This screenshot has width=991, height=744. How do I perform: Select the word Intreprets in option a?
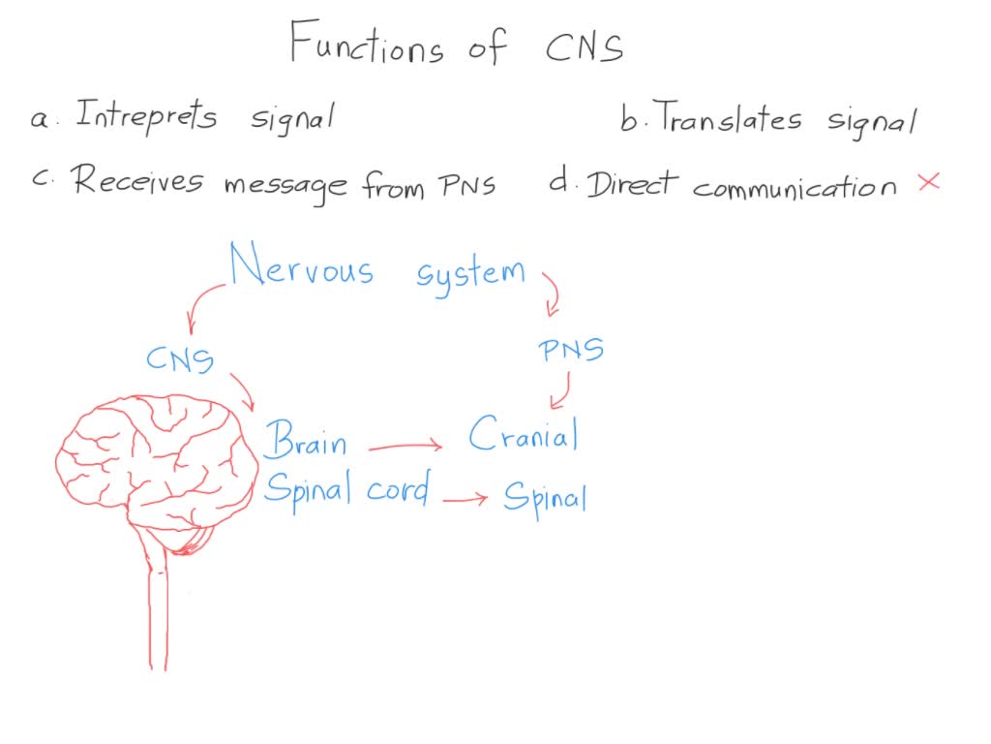pos(146,117)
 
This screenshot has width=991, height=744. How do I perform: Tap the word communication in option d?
pos(795,187)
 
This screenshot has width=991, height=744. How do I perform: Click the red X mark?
pos(928,181)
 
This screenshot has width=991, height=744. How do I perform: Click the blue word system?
pos(471,272)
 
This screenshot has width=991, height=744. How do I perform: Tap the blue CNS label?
pos(180,359)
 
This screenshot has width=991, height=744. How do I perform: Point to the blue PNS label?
pos(571,349)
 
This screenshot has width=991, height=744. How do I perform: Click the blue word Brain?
pos(305,440)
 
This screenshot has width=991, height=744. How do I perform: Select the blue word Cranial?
pos(524,436)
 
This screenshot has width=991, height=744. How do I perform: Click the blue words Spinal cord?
pos(345,490)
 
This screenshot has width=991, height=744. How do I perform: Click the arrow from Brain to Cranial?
pos(405,447)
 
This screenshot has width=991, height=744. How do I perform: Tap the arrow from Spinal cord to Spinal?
pos(465,499)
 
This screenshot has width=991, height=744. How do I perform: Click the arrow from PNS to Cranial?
pos(560,392)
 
